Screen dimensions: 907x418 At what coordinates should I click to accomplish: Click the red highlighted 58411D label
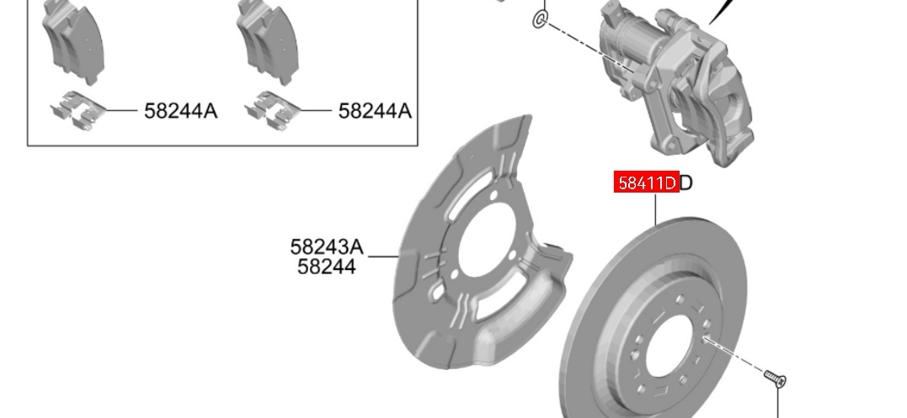pos(646,183)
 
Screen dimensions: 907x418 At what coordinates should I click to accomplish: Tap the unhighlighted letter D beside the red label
pos(686,183)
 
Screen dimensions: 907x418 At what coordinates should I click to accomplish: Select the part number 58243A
pos(327,247)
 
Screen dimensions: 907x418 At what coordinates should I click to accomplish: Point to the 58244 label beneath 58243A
pos(327,267)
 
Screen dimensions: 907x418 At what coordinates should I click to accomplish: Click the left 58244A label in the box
pos(180,111)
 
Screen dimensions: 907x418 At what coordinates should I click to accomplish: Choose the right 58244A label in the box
pos(375,111)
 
